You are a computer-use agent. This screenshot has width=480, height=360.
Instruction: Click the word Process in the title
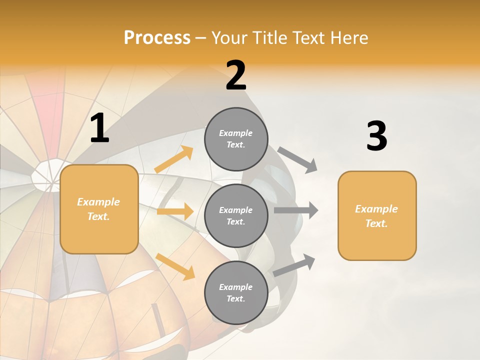point(157,38)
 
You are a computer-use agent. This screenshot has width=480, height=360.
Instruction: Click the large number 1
point(99,128)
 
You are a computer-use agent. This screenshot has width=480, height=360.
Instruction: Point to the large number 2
point(236,75)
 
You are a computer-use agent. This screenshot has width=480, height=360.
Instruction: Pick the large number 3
point(376,136)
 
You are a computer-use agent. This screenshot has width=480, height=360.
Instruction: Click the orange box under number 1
point(99,209)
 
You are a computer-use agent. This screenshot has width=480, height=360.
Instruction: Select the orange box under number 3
point(377,216)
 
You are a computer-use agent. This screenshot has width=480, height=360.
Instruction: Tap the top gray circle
point(236,139)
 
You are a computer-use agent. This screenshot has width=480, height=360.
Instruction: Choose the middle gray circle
point(236,216)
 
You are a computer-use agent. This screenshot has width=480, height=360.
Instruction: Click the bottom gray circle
point(236,293)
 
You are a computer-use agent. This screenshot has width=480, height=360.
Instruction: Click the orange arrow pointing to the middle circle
point(175,211)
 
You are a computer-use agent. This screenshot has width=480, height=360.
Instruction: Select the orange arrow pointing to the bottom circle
point(175,266)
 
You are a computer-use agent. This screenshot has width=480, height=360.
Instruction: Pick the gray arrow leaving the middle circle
point(296,210)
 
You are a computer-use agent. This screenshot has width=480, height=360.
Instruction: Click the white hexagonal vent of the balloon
point(50,175)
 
